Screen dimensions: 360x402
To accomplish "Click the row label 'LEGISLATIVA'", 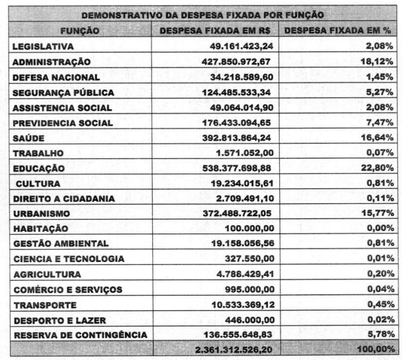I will click(x=42, y=45).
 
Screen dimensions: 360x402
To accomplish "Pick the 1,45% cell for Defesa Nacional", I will click(x=380, y=77).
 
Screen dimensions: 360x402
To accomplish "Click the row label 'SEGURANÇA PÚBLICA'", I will click(x=55, y=93).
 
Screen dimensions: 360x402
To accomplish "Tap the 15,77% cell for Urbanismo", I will click(x=378, y=213).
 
